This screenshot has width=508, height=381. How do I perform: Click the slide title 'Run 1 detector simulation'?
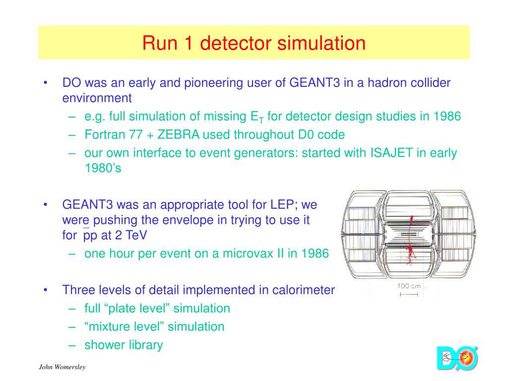click(x=254, y=43)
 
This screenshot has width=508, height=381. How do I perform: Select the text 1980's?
click(x=103, y=168)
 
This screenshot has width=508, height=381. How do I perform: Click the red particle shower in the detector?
click(x=410, y=251)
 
